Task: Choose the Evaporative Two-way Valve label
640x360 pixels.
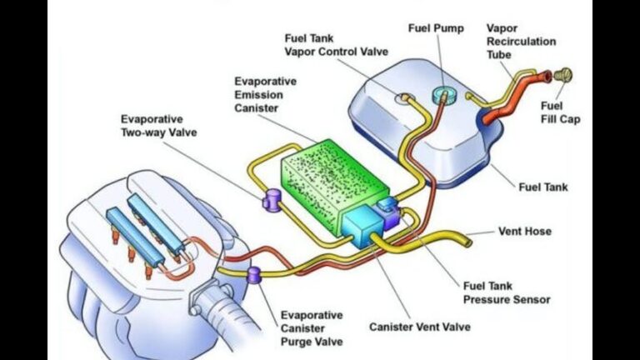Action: pos(162,125)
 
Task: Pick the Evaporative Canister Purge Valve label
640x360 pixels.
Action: pos(312,328)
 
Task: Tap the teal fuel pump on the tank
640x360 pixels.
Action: pos(443,92)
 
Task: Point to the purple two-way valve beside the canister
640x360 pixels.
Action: pos(271,201)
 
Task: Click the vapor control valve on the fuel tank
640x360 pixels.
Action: pos(406,98)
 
